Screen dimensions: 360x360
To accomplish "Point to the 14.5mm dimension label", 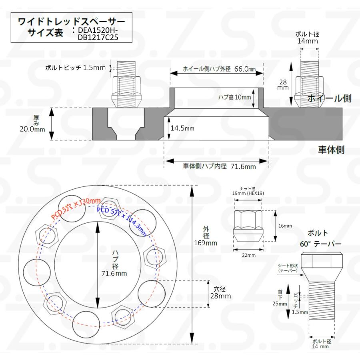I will [182, 129].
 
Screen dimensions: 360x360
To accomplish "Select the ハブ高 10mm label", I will [234, 97].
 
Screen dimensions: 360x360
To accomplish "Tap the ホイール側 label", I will [329, 98].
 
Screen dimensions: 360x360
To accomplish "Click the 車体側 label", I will [331, 150].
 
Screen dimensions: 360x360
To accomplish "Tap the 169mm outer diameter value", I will [206, 243].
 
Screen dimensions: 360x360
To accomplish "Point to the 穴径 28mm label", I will [221, 292].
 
